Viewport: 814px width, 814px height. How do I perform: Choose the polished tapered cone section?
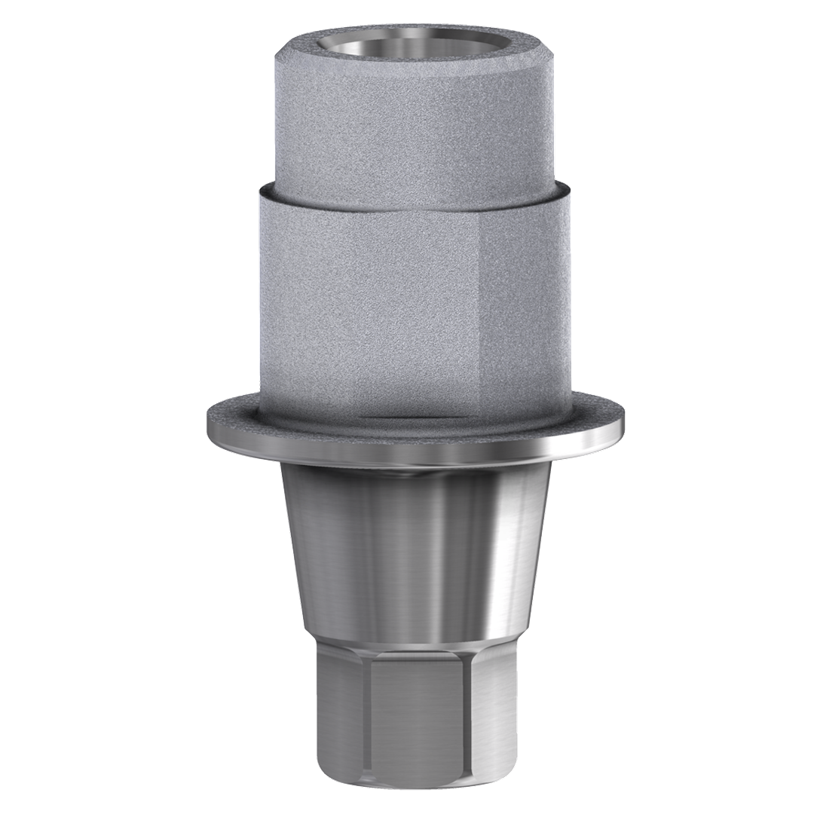pyautogui.click(x=362, y=543)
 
